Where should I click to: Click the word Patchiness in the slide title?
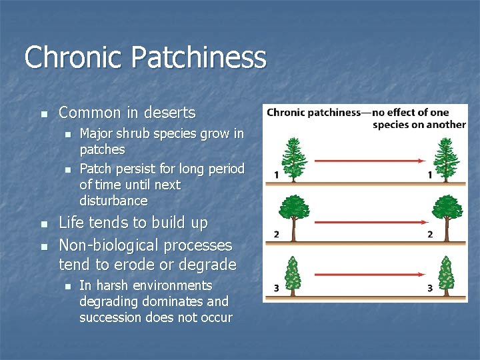coord(199,58)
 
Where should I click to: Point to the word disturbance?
coord(113,201)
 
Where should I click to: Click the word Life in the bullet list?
coord(72,223)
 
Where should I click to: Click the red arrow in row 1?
coord(369,161)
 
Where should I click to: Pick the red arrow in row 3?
coord(369,273)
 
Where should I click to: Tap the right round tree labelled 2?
coord(447,214)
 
